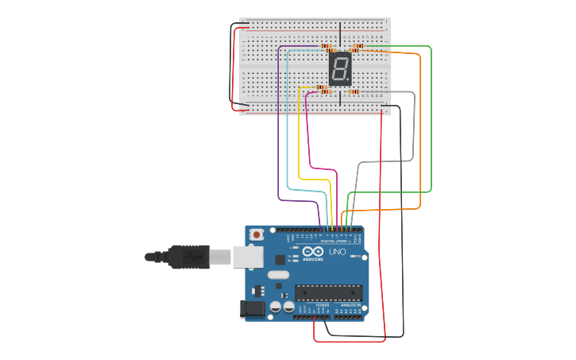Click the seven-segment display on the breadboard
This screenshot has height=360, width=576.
pyautogui.click(x=340, y=70)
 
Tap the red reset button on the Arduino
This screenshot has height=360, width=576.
pyautogui.click(x=257, y=234)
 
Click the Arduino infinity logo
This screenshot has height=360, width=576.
pyautogui.click(x=313, y=252)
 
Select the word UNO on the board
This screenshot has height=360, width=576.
pyautogui.click(x=337, y=252)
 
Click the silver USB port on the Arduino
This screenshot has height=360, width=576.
pyautogui.click(x=248, y=257)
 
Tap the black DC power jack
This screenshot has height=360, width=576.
pyautogui.click(x=253, y=308)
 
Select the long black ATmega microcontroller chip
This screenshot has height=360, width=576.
pyautogui.click(x=328, y=292)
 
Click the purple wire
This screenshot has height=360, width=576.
pyautogui.click(x=278, y=119)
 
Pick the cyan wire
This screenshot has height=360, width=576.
pyautogui.click(x=288, y=119)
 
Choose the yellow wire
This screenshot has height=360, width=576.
pyautogui.click(x=299, y=135)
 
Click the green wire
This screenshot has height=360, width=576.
pyautogui.click(x=431, y=119)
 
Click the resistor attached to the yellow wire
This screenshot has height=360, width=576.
pyautogui.click(x=322, y=87)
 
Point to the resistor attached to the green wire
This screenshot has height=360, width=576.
pyautogui.click(x=357, y=46)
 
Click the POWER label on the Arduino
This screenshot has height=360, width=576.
pyautogui.click(x=323, y=304)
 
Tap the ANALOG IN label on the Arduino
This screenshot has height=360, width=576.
pyautogui.click(x=350, y=304)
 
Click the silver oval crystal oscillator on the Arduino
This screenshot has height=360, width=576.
pyautogui.click(x=278, y=275)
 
